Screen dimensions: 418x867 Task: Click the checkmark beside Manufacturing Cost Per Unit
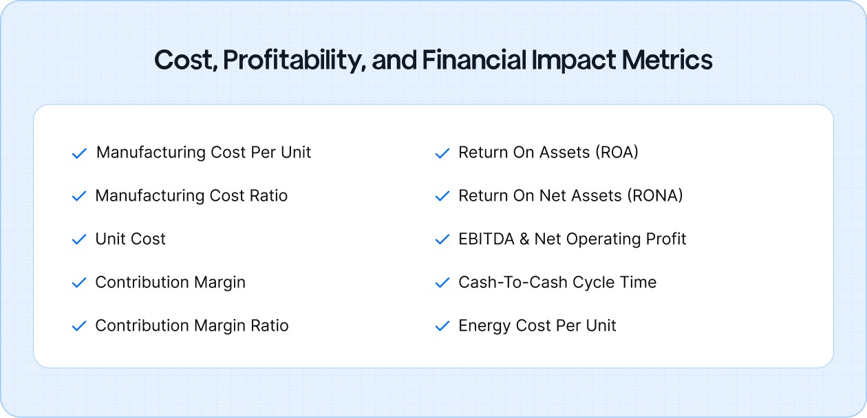click(79, 153)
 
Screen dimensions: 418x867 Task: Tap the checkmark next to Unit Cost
click(79, 240)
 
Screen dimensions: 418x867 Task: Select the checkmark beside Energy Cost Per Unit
click(442, 327)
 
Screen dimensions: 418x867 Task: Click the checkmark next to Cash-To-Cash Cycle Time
click(442, 283)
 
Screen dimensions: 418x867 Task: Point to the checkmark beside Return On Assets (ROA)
click(442, 153)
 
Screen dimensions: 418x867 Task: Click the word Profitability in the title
click(294, 60)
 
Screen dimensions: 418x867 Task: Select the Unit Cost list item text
click(130, 239)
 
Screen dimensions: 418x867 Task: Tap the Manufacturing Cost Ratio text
click(191, 196)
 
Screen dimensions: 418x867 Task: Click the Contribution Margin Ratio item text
click(191, 326)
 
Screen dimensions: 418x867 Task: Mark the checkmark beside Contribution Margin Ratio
click(79, 327)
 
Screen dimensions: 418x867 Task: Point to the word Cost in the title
click(181, 60)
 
